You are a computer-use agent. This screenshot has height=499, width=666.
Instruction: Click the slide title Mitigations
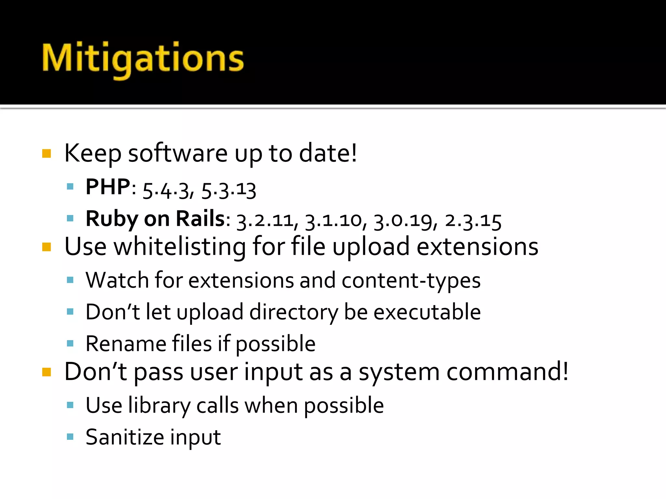pyautogui.click(x=143, y=59)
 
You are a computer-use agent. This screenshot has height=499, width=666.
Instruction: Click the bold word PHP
pyautogui.click(x=108, y=187)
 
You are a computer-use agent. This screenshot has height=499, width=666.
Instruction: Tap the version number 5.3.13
pyautogui.click(x=229, y=190)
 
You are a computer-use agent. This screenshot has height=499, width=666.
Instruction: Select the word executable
pyautogui.click(x=427, y=312)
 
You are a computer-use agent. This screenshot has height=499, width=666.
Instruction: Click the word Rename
pyautogui.click(x=126, y=344)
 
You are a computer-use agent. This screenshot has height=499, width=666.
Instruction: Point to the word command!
pyautogui.click(x=507, y=372)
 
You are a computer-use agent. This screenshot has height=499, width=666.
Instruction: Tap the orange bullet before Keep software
pyautogui.click(x=47, y=153)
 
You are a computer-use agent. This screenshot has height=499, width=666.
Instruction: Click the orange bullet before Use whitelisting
pyautogui.click(x=47, y=247)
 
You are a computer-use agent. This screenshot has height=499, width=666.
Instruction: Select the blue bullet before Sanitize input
pyautogui.click(x=70, y=436)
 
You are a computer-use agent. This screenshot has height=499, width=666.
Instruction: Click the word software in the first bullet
pyautogui.click(x=178, y=153)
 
